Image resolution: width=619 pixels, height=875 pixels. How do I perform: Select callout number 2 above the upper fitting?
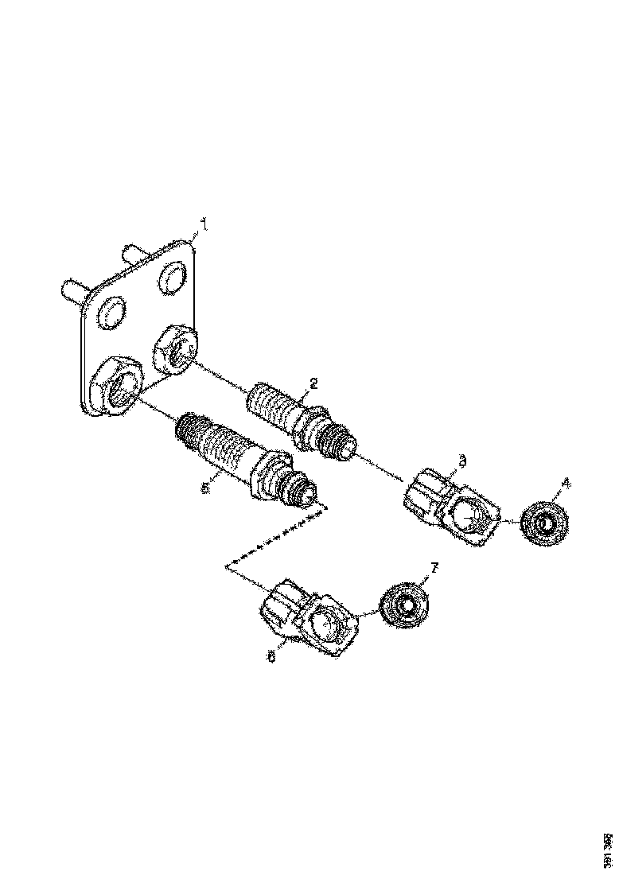[x=313, y=383]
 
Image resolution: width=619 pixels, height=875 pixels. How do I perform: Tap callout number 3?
[x=463, y=460]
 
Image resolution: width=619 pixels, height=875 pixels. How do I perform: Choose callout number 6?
[x=272, y=658]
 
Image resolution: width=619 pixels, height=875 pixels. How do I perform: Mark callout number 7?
[x=434, y=566]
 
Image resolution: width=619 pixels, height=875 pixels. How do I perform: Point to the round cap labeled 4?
[x=545, y=523]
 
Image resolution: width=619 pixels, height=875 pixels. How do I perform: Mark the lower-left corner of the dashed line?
[x=228, y=566]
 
